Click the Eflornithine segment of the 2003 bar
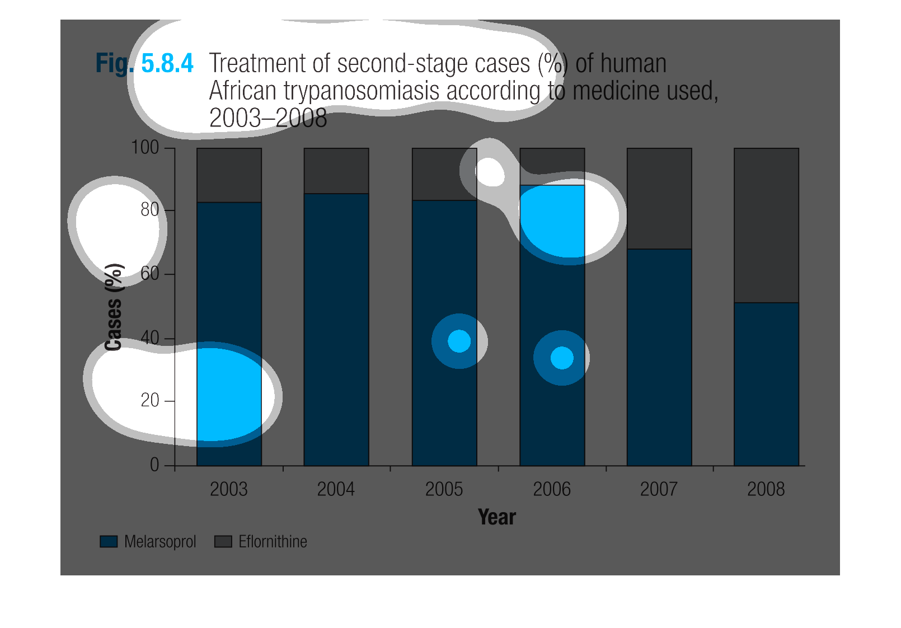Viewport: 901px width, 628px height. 229,175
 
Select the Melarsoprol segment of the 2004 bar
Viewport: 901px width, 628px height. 336,330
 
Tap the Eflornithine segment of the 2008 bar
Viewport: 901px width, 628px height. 766,226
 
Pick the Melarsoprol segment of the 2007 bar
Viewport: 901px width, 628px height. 659,357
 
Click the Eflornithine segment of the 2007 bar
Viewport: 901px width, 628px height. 659,198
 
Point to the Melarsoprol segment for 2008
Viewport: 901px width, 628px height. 766,384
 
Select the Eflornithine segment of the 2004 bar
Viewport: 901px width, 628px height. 336,171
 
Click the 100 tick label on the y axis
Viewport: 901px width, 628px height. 145,148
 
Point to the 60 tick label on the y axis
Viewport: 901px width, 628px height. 149,274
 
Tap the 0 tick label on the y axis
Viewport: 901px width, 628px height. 154,465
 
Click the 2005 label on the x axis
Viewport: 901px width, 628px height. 444,489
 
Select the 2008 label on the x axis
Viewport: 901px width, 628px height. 766,489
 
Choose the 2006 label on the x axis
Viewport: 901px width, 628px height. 552,489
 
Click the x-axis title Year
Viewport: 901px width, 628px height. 497,517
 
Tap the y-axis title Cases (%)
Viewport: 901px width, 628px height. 114,307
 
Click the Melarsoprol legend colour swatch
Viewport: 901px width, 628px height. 109,541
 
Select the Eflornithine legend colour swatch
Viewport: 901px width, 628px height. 223,541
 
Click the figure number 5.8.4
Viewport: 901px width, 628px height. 167,63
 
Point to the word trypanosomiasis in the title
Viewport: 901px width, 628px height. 361,91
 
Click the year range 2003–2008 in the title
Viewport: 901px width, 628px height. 268,118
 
